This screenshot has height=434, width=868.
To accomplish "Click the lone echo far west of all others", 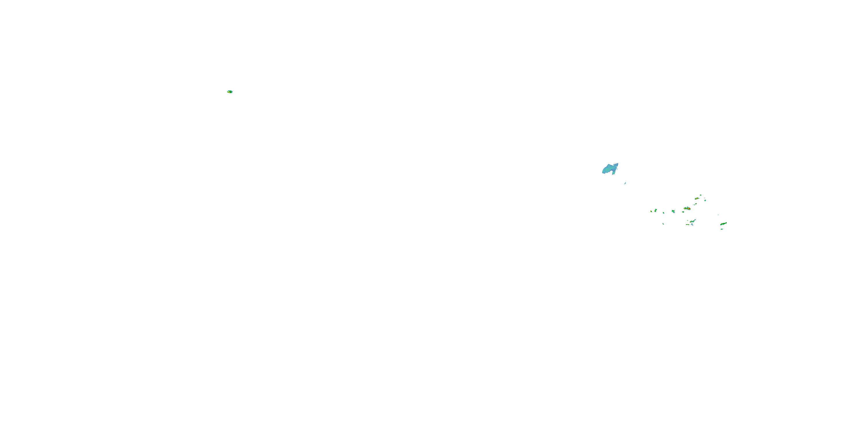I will [x=230, y=92].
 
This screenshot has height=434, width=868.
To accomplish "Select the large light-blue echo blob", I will [x=610, y=168].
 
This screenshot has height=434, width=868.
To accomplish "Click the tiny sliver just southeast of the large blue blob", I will [x=625, y=183].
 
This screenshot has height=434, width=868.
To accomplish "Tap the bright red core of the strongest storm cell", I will [x=689, y=209].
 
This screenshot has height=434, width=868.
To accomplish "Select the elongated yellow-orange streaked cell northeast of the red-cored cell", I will [x=696, y=198].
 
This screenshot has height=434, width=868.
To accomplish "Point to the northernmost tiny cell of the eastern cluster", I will [x=701, y=195].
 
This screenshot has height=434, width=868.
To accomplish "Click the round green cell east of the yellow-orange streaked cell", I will [x=705, y=200].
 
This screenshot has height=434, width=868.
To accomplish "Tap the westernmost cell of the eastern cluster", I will [x=651, y=211].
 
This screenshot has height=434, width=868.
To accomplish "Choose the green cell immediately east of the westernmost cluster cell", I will [x=656, y=210].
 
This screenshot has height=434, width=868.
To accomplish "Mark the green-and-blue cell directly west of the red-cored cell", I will [x=673, y=211].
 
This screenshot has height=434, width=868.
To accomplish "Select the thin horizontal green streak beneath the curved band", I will [x=687, y=225].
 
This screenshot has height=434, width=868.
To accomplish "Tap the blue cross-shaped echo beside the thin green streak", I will [x=692, y=225].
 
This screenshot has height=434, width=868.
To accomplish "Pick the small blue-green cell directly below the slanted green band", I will [x=722, y=229].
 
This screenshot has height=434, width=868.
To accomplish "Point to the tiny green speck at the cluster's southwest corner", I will [x=663, y=224].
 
